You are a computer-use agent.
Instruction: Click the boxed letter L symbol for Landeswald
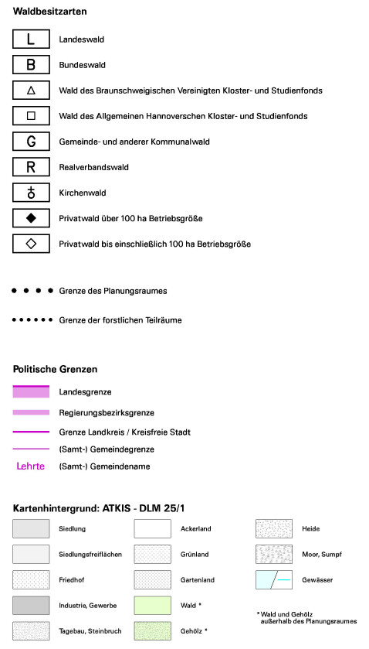(x=31, y=39)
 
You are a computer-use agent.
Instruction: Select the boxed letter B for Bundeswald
(x=31, y=64)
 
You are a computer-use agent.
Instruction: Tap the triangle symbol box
(x=31, y=91)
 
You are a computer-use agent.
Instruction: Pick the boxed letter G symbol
(x=31, y=142)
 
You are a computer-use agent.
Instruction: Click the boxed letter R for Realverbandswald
(x=31, y=167)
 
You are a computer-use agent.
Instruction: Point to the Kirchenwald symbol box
(x=31, y=193)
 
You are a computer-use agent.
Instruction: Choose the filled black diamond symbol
(x=31, y=218)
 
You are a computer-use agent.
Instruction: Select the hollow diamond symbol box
(x=31, y=244)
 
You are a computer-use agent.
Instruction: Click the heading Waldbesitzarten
(x=49, y=12)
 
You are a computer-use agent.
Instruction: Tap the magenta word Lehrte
(x=31, y=466)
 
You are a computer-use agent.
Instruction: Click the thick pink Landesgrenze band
(x=31, y=392)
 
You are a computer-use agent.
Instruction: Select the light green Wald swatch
(x=152, y=605)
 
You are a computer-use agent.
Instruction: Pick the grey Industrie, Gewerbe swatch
(x=31, y=605)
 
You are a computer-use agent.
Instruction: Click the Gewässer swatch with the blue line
(x=274, y=579)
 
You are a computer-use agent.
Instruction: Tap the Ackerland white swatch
(x=152, y=529)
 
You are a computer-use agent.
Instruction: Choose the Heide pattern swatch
(x=274, y=529)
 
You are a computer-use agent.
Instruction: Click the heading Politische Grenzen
(x=55, y=369)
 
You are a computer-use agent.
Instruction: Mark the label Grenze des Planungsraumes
(x=113, y=291)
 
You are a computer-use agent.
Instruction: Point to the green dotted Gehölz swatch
(x=152, y=630)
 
